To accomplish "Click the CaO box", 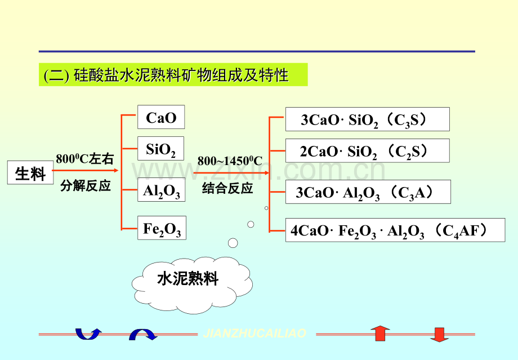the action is tap(161, 117).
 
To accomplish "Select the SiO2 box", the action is tap(161, 148).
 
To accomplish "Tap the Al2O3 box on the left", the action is tap(162, 190).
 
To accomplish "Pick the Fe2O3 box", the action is tap(162, 228).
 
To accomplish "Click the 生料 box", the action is tap(30, 172).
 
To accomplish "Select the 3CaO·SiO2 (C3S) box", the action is tap(367, 119).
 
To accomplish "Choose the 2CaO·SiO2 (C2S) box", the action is tap(367, 151).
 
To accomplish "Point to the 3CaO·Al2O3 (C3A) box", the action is tap(368, 192).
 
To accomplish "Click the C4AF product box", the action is tap(395, 230).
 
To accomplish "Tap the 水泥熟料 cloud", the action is tap(192, 285).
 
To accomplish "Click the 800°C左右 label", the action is tap(84, 159).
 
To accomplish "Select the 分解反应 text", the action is tap(85, 186).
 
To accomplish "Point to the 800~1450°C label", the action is tap(230, 161).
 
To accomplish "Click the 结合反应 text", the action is tap(227, 188).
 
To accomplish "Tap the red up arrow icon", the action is tap(380, 333).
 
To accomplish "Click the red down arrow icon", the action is tap(440, 335).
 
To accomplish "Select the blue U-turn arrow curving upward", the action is tap(88, 334).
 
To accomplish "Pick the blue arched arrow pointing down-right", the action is tap(143, 335).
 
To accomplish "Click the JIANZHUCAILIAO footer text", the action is tap(254, 333).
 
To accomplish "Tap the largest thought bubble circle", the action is tap(233, 243).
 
